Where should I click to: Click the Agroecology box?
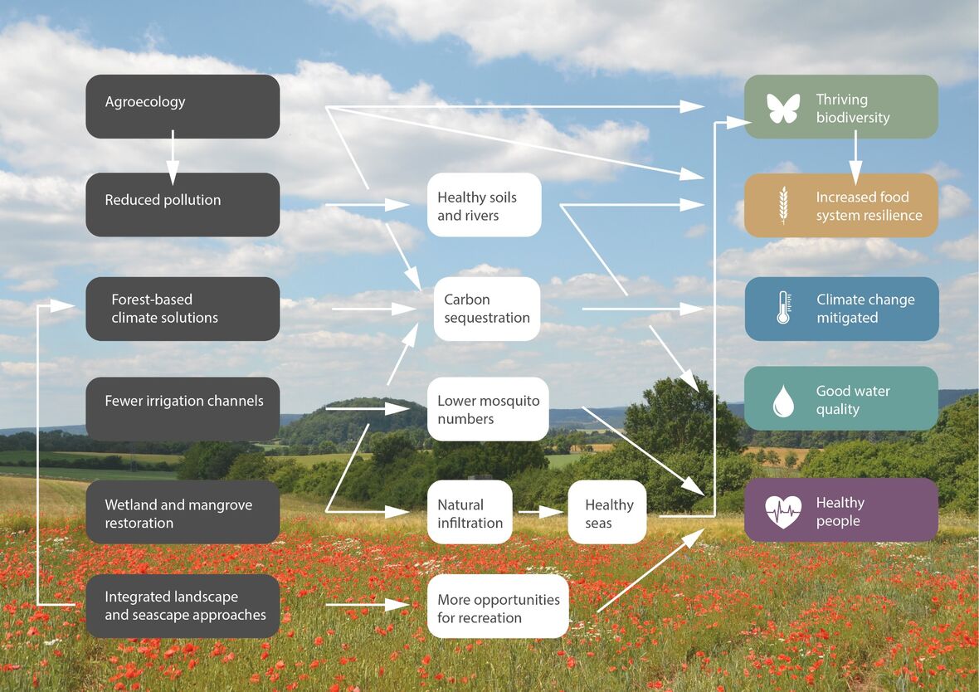183,106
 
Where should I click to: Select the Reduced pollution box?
183,204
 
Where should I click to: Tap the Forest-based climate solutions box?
183,309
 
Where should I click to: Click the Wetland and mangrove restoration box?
183,513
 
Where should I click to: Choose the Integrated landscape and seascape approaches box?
183,607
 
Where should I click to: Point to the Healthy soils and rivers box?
485,205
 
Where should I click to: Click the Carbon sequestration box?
486,309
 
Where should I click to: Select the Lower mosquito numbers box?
488,409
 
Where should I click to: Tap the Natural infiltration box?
470,513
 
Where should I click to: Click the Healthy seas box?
607,513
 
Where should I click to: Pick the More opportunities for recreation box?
498,607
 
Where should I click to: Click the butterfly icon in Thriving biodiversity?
783,108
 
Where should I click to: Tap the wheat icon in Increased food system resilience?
783,205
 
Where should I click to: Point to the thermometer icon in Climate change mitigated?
783,308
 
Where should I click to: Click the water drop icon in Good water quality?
783,401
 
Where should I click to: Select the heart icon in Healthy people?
783,511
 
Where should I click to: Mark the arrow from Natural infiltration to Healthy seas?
541,513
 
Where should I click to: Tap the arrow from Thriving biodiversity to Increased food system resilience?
855,157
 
